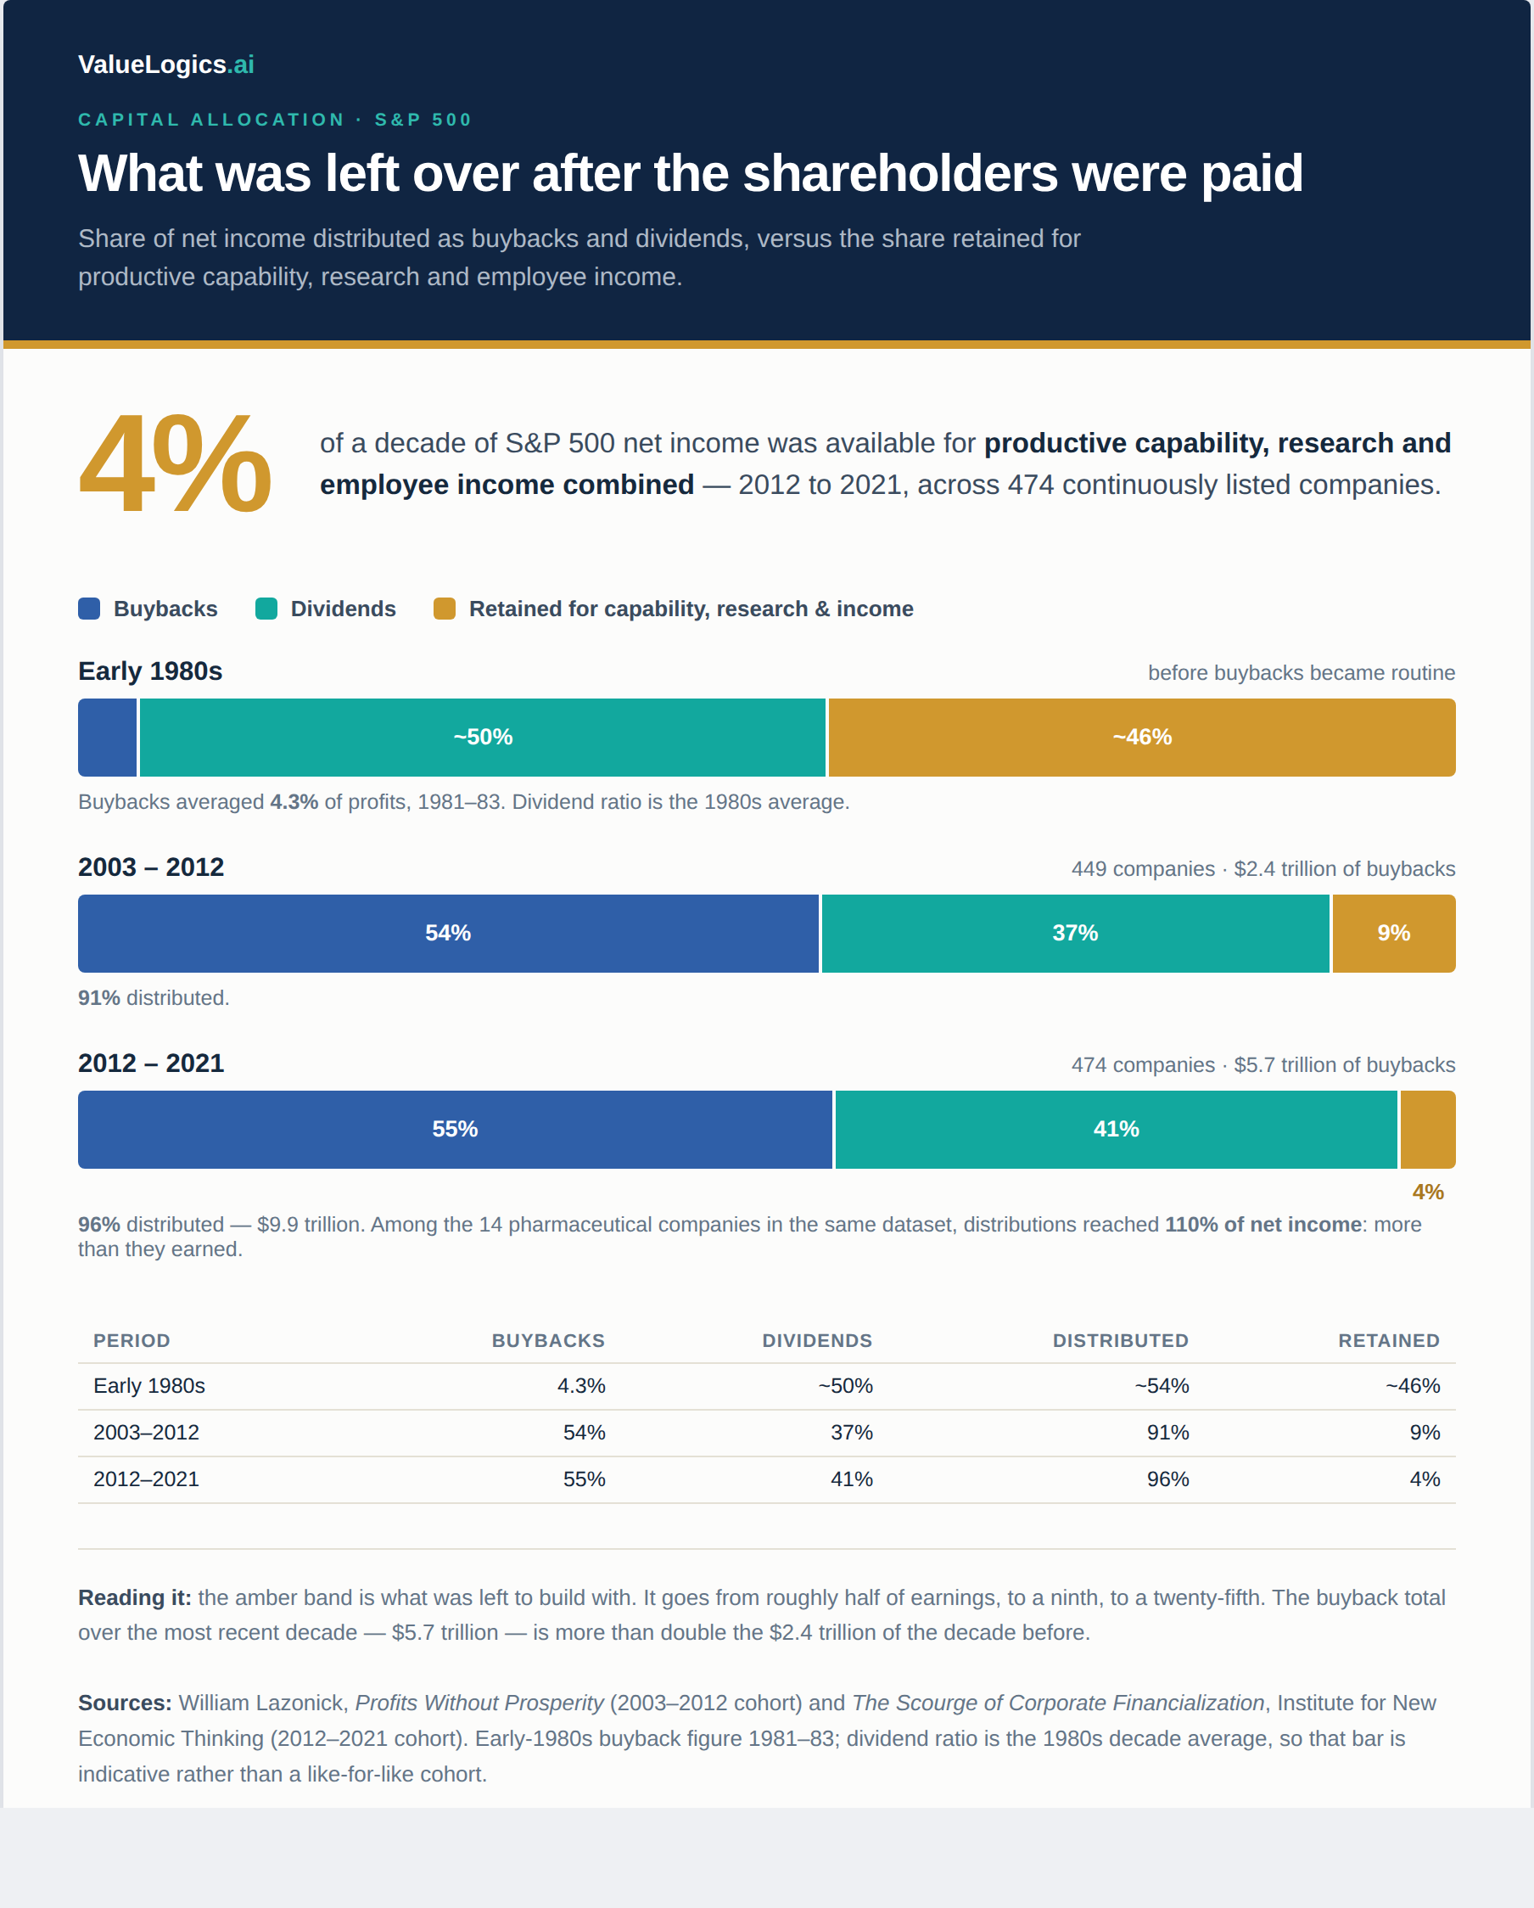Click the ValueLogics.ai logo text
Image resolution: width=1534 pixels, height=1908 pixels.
[165, 65]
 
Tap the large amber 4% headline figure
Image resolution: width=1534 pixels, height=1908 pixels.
[175, 463]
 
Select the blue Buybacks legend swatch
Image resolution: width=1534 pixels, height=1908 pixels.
[88, 609]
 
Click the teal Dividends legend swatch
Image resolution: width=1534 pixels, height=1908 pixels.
[266, 609]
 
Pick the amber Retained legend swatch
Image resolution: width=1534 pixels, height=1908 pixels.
[444, 609]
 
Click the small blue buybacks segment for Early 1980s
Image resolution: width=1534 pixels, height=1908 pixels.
[107, 738]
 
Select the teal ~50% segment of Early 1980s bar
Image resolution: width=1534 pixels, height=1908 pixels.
[482, 738]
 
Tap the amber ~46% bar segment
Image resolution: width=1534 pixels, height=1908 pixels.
[1141, 738]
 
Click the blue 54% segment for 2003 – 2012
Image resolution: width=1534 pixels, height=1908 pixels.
[448, 934]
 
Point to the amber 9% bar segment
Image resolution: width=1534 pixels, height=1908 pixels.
[1393, 934]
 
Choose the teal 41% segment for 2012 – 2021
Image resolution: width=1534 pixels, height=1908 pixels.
[1116, 1129]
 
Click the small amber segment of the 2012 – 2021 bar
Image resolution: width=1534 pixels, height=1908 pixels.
[1428, 1129]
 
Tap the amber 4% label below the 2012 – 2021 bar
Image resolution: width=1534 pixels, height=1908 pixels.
[1428, 1192]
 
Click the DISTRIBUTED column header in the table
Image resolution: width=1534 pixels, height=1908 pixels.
[1120, 1341]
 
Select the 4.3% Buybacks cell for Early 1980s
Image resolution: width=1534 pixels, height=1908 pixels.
[581, 1386]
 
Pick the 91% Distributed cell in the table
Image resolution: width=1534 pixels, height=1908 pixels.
[1167, 1433]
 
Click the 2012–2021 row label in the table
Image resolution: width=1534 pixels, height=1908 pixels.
[146, 1479]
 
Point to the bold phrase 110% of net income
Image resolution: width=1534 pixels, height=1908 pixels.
[1262, 1225]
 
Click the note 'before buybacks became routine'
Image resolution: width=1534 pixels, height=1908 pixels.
[1302, 672]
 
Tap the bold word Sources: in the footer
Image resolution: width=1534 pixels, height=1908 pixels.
[125, 1703]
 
